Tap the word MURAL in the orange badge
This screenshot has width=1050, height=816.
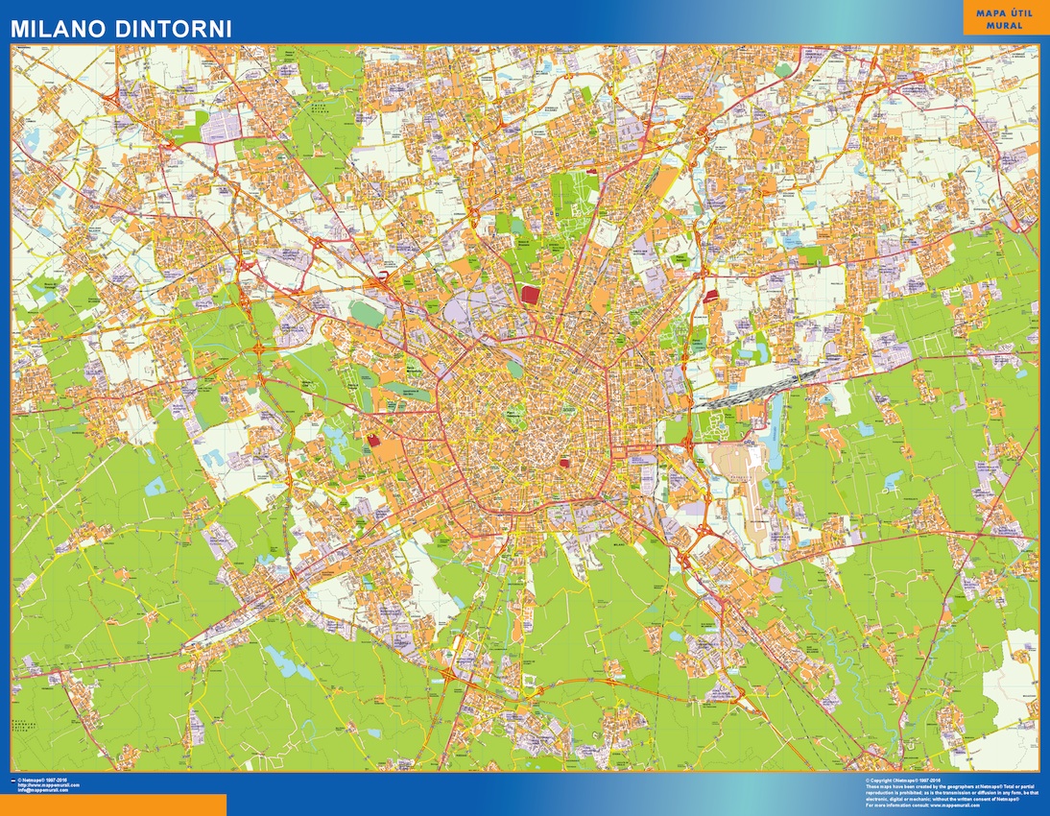(x=1005, y=26)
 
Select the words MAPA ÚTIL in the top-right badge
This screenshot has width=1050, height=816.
(x=1005, y=13)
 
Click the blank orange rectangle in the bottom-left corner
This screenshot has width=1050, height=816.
(x=113, y=804)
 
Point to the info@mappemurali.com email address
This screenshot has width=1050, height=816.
(x=49, y=792)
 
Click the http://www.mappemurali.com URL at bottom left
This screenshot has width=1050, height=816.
(x=49, y=786)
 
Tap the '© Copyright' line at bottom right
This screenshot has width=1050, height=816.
(x=902, y=780)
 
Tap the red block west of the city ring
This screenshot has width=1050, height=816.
(x=372, y=441)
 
